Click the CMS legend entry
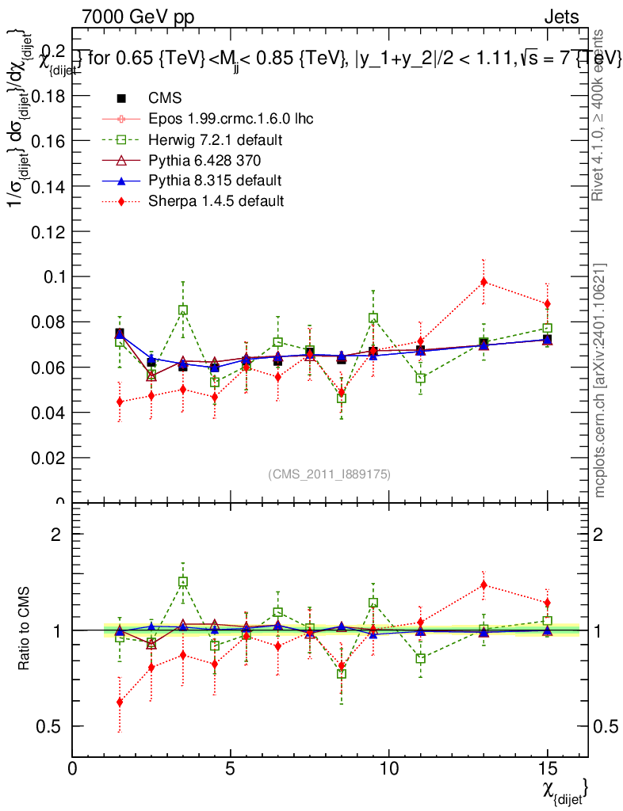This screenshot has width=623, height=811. [165, 98]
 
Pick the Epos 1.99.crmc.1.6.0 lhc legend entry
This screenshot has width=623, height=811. [231, 120]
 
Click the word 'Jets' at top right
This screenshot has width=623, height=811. [560, 17]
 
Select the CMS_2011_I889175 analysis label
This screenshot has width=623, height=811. [329, 474]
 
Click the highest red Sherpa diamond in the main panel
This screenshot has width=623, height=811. [483, 282]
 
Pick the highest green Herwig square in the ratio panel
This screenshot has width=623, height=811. [183, 582]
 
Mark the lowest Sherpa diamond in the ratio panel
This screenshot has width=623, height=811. [120, 702]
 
